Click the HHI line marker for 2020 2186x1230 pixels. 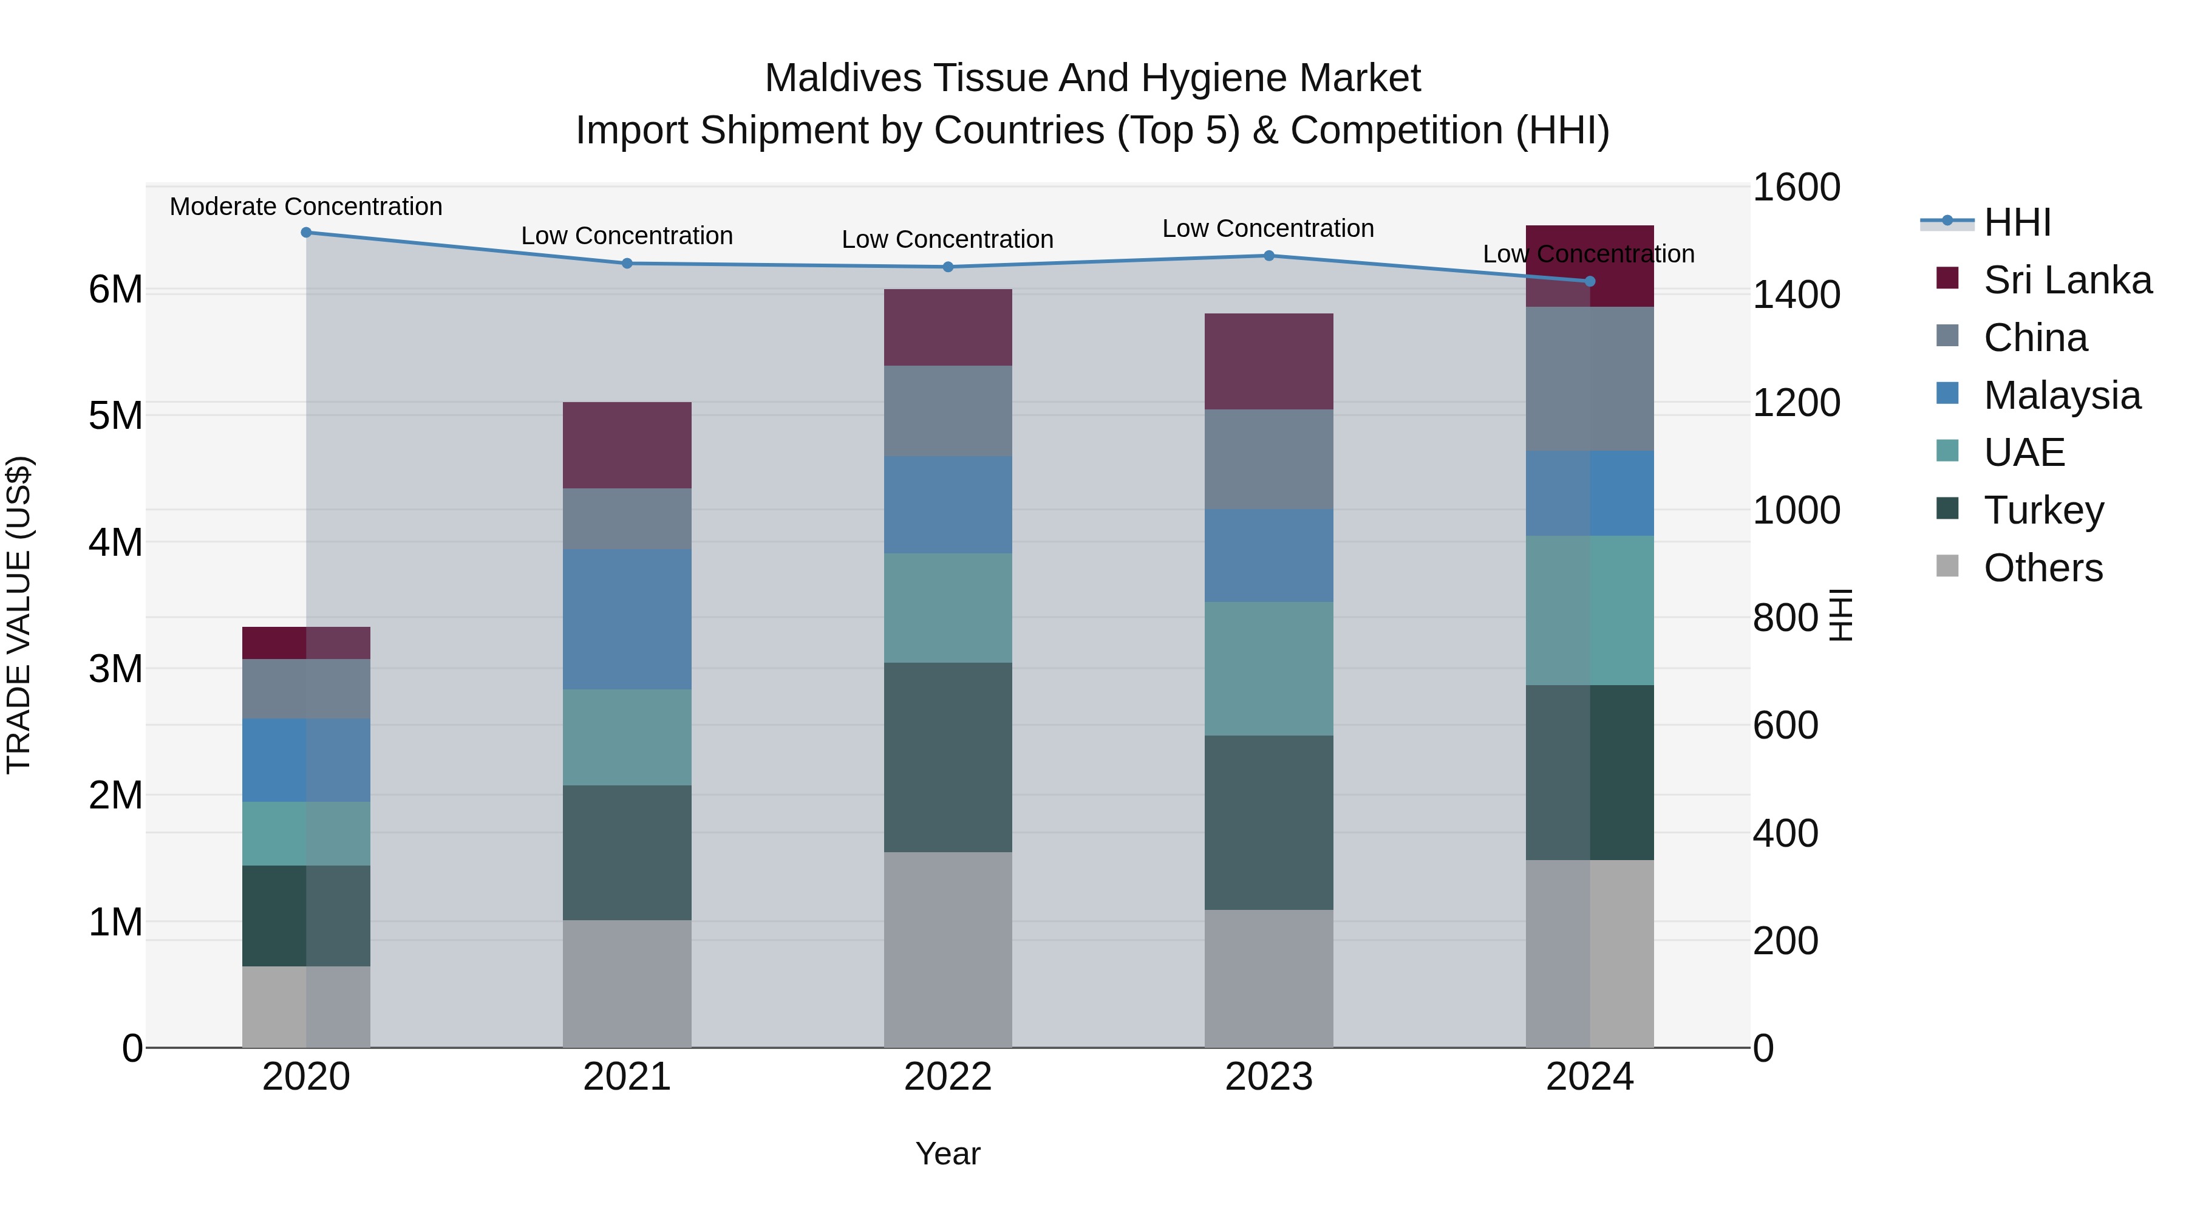point(307,233)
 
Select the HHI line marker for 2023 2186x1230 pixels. point(1268,256)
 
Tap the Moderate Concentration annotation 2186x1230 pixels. point(307,207)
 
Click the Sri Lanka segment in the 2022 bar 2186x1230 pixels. point(948,327)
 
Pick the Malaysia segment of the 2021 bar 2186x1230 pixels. point(627,619)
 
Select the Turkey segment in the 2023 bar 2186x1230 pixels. point(1268,822)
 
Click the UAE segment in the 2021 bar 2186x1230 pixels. point(627,737)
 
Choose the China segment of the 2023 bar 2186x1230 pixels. point(1268,459)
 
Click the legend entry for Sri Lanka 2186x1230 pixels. point(2067,280)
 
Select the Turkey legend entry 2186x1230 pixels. point(2043,510)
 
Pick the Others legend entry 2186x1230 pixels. point(2043,568)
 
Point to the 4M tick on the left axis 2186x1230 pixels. point(116,542)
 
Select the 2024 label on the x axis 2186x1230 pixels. point(1590,1077)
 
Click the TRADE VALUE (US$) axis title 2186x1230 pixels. point(19,615)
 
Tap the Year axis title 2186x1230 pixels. point(948,1153)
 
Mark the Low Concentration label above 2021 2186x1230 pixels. point(627,236)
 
